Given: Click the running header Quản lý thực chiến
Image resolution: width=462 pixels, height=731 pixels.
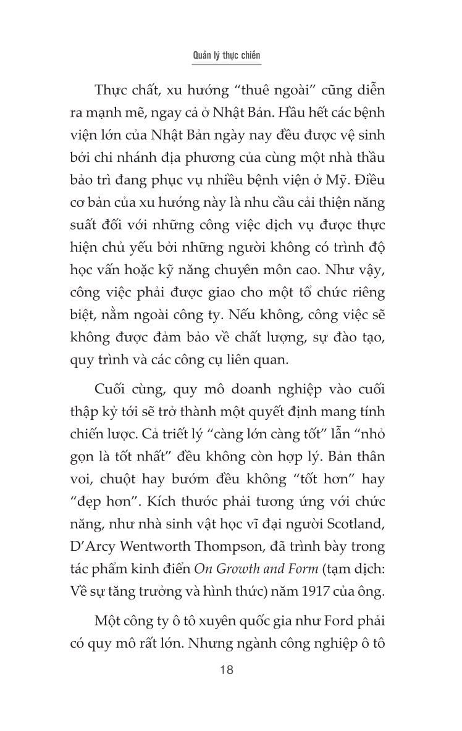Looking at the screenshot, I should point(230,55).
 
